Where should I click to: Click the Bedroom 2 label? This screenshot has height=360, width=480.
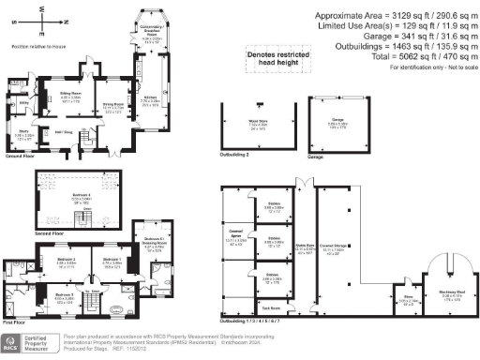pyautogui.click(x=65, y=260)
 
